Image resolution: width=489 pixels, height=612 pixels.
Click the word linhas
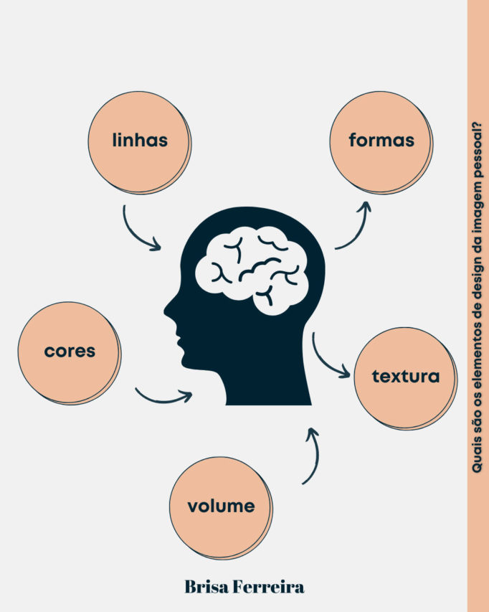point(140,140)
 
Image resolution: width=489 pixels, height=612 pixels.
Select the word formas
point(381,140)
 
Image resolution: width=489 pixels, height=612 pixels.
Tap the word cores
point(70,351)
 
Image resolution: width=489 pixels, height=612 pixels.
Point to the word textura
point(406,376)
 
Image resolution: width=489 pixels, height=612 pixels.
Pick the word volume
point(221,506)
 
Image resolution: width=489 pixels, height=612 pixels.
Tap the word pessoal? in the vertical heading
point(478,144)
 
